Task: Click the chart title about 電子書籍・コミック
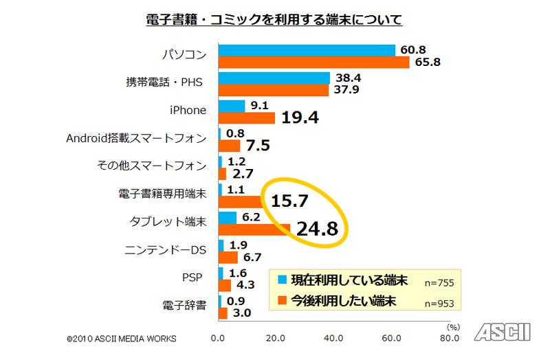pyautogui.click(x=274, y=19)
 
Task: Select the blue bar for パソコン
pyautogui.click(x=307, y=50)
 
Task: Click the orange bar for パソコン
pyautogui.click(x=314, y=63)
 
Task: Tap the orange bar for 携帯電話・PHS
pyautogui.click(x=274, y=90)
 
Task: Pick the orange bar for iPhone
pyautogui.click(x=247, y=117)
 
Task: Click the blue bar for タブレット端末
pyautogui.click(x=228, y=217)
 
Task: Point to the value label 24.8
pyautogui.click(x=317, y=228)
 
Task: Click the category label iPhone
pyautogui.click(x=188, y=111)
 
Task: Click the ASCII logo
pyautogui.click(x=505, y=332)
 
